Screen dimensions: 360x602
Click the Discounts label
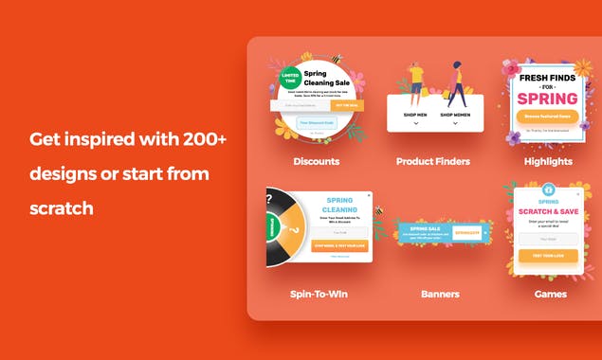pos(316,161)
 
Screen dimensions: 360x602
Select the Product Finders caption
pos(432,161)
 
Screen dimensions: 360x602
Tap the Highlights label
pos(548,161)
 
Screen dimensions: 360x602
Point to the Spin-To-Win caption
pos(319,294)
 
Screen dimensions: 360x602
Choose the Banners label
pos(440,294)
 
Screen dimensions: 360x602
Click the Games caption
pos(550,294)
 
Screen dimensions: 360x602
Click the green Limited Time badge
pos(290,76)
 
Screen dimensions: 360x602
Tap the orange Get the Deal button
pos(347,106)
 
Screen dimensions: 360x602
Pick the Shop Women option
pos(456,115)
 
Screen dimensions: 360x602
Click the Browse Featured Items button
pos(547,117)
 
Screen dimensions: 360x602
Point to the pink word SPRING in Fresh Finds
pos(547,97)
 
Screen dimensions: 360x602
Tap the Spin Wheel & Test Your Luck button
pos(338,245)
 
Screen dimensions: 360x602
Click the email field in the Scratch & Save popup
pos(548,240)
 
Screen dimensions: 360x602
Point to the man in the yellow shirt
pos(415,81)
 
